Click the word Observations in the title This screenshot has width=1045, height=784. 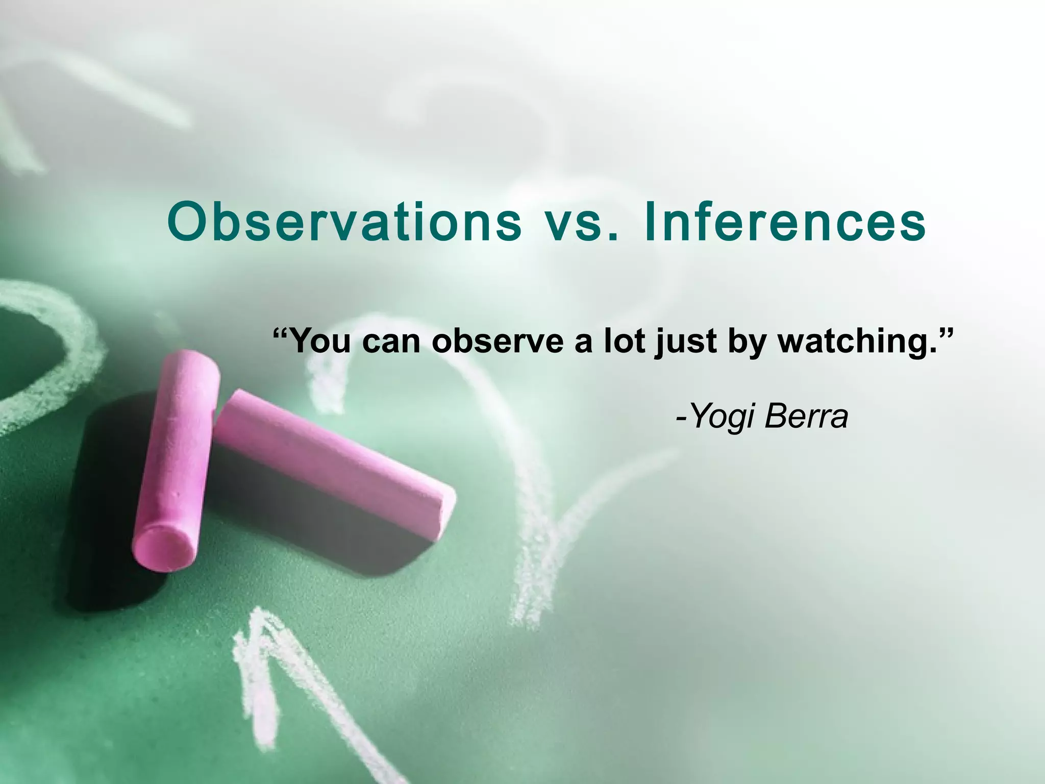coord(345,223)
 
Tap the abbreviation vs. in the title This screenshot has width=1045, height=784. coord(582,223)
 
